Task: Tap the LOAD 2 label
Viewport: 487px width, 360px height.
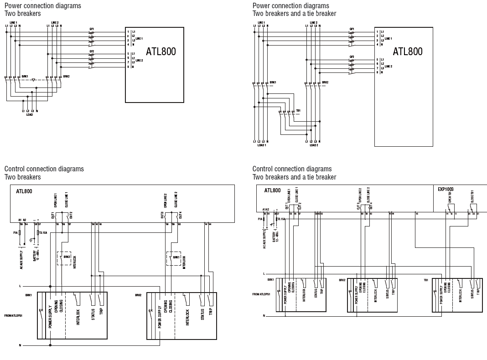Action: click(x=314, y=145)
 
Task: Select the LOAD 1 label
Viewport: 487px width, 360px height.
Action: click(x=261, y=145)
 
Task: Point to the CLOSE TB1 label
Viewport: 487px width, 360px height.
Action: click(x=471, y=196)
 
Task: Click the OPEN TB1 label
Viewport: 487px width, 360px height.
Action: click(x=450, y=197)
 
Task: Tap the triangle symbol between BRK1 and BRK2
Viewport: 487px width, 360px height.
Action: click(x=33, y=80)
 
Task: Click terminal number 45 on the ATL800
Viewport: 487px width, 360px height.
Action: click(x=416, y=213)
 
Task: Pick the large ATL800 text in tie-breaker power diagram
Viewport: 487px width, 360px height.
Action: click(x=407, y=51)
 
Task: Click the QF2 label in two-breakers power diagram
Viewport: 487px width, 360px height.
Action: click(x=92, y=51)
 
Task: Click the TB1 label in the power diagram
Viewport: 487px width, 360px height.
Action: click(x=298, y=111)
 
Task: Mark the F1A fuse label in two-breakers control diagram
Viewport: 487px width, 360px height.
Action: click(x=16, y=232)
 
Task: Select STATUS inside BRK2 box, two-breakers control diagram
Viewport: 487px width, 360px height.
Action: click(x=202, y=314)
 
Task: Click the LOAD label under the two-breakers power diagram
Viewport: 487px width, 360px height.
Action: click(x=30, y=115)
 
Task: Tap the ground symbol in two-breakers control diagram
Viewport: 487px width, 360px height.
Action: click(x=31, y=240)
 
